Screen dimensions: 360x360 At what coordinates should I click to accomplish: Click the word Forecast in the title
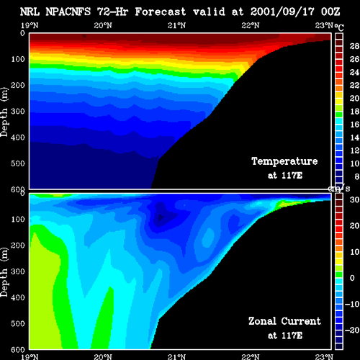161,12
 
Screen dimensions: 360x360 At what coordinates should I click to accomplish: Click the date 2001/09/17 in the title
282,12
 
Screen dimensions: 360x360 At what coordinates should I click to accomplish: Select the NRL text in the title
30,12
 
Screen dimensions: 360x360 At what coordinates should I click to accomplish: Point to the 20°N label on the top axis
103,25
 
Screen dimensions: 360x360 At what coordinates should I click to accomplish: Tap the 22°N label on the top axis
251,25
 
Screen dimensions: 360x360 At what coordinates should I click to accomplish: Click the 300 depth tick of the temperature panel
18,111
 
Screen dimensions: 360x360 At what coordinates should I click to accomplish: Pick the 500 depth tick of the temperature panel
18,163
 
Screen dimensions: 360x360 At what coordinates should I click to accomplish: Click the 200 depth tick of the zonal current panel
18,246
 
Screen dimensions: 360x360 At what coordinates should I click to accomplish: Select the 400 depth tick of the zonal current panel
18,297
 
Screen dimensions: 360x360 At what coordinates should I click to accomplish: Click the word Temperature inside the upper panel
284,161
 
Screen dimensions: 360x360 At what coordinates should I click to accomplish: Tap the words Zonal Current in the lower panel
284,321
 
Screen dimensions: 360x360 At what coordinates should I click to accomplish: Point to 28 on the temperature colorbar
354,46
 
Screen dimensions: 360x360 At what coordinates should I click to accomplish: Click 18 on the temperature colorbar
354,112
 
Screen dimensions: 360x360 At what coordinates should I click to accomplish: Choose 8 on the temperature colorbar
357,176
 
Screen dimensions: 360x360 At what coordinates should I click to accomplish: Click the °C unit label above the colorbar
339,27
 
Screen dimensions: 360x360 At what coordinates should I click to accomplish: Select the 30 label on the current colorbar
354,199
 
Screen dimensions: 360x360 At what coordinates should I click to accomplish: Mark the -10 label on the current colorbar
352,304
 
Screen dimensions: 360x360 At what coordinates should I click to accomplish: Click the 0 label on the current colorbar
352,278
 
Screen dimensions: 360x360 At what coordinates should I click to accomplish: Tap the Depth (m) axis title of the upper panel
4,112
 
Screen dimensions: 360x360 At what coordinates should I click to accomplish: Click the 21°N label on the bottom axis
176,357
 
